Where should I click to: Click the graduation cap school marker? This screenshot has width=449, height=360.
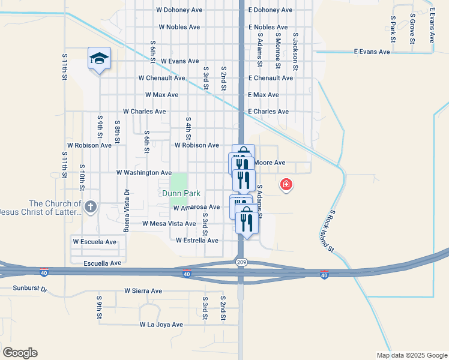[x=99, y=58]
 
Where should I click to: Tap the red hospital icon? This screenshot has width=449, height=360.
[x=286, y=184]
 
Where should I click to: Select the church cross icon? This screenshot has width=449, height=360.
[x=90, y=208]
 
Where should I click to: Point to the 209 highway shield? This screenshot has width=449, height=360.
[x=241, y=262]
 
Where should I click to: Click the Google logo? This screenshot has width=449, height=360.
[x=20, y=353]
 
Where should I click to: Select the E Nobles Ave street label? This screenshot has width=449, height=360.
[x=268, y=28]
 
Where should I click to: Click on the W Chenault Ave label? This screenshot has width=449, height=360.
[x=161, y=78]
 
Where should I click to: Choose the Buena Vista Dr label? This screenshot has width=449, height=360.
[x=127, y=211]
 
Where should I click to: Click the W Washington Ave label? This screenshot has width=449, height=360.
[x=144, y=173]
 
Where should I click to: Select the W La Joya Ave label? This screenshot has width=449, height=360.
[x=161, y=325]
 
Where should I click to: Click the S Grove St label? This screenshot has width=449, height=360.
[x=412, y=28]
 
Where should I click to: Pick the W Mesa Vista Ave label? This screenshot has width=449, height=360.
[x=169, y=224]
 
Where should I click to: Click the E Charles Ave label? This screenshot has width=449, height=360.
[x=268, y=112]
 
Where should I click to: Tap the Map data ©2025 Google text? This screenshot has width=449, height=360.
[x=412, y=355]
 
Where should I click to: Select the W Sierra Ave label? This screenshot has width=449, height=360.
[x=143, y=291]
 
